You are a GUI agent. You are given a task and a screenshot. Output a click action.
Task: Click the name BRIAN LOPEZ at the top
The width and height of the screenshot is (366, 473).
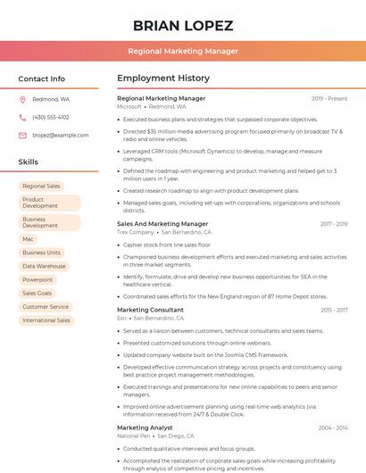[x=182, y=25]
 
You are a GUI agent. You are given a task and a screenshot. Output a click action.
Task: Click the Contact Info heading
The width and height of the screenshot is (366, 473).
[x=41, y=79]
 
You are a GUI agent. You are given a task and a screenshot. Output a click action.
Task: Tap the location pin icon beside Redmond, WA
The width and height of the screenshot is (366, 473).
[x=22, y=100]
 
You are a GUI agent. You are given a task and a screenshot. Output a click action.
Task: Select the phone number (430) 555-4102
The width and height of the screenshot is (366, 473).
[x=50, y=117]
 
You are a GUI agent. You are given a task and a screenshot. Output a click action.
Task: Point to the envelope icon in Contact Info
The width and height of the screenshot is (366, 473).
[x=22, y=135]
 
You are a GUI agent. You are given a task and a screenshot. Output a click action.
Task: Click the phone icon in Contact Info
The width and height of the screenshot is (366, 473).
[x=22, y=117]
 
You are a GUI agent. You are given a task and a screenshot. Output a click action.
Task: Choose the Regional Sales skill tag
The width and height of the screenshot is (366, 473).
[x=41, y=186]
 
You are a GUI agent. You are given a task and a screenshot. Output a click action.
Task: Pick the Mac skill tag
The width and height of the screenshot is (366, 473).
[x=29, y=239]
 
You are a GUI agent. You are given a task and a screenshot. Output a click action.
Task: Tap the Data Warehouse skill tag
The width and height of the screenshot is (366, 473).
[x=44, y=266]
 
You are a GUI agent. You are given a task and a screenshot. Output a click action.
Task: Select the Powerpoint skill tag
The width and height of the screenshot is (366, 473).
[x=37, y=279]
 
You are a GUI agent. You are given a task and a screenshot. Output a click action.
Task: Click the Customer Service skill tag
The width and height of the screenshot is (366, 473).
[x=46, y=306]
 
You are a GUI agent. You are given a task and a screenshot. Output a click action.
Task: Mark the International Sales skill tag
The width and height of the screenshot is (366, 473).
[x=46, y=319]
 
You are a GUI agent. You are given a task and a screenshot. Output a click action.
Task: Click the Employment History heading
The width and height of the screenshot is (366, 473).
[x=163, y=79]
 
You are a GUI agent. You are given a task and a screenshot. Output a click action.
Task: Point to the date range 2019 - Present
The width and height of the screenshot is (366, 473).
[x=329, y=98]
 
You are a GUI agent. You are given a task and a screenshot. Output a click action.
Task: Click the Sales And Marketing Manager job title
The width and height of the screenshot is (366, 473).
[x=162, y=224]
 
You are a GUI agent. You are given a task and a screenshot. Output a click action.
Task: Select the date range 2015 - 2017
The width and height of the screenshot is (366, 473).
[x=333, y=310]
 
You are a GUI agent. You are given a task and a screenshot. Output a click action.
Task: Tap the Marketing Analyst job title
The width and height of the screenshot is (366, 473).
[x=145, y=427]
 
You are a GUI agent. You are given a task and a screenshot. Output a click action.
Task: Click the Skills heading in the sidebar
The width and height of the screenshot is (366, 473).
[x=29, y=162]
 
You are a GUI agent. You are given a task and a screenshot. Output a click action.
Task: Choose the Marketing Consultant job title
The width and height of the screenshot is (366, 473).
[x=150, y=310]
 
